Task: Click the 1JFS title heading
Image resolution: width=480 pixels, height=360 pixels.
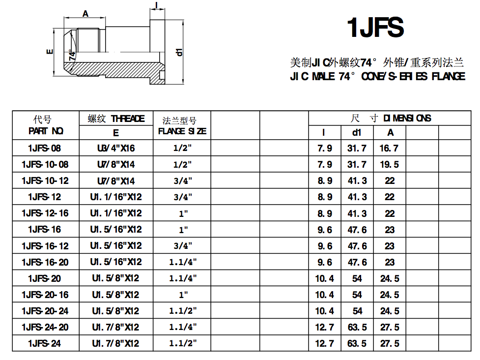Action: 375,28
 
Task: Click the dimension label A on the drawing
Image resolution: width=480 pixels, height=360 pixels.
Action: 85,14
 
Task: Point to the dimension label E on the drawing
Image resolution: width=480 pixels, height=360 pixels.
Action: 49,51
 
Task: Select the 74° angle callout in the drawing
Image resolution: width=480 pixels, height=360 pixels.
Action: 73,55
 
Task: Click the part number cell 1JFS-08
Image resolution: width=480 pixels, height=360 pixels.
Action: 45,148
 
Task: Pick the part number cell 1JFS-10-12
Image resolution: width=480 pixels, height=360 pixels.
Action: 45,180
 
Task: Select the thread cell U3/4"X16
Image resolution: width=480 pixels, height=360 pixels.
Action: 116,148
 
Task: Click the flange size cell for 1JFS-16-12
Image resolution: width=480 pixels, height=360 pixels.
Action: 183,246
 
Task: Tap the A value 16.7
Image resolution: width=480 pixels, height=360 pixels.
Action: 389,148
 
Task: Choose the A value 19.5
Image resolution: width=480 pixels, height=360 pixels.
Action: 389,164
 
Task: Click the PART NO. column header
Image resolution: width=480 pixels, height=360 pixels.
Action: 46,131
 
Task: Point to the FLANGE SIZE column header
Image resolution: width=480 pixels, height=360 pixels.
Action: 182,131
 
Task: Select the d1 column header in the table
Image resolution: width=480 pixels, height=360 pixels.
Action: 357,132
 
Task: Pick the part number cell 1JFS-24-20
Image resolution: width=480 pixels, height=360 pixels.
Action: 45,327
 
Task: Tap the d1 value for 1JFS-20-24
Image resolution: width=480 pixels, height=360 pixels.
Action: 357,311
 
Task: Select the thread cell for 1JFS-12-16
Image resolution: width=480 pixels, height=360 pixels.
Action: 116,213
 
